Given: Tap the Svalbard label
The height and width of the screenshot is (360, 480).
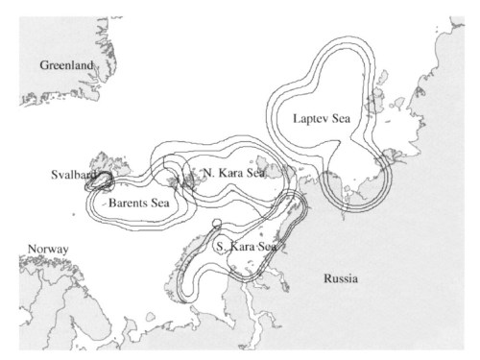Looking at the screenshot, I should (73, 175).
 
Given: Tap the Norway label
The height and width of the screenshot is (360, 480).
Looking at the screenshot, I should (47, 249).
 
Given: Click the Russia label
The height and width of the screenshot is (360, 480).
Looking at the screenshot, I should (341, 279).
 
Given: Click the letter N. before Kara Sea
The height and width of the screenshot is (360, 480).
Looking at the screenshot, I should (209, 173).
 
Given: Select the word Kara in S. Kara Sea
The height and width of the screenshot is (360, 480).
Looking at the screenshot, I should (241, 247).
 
